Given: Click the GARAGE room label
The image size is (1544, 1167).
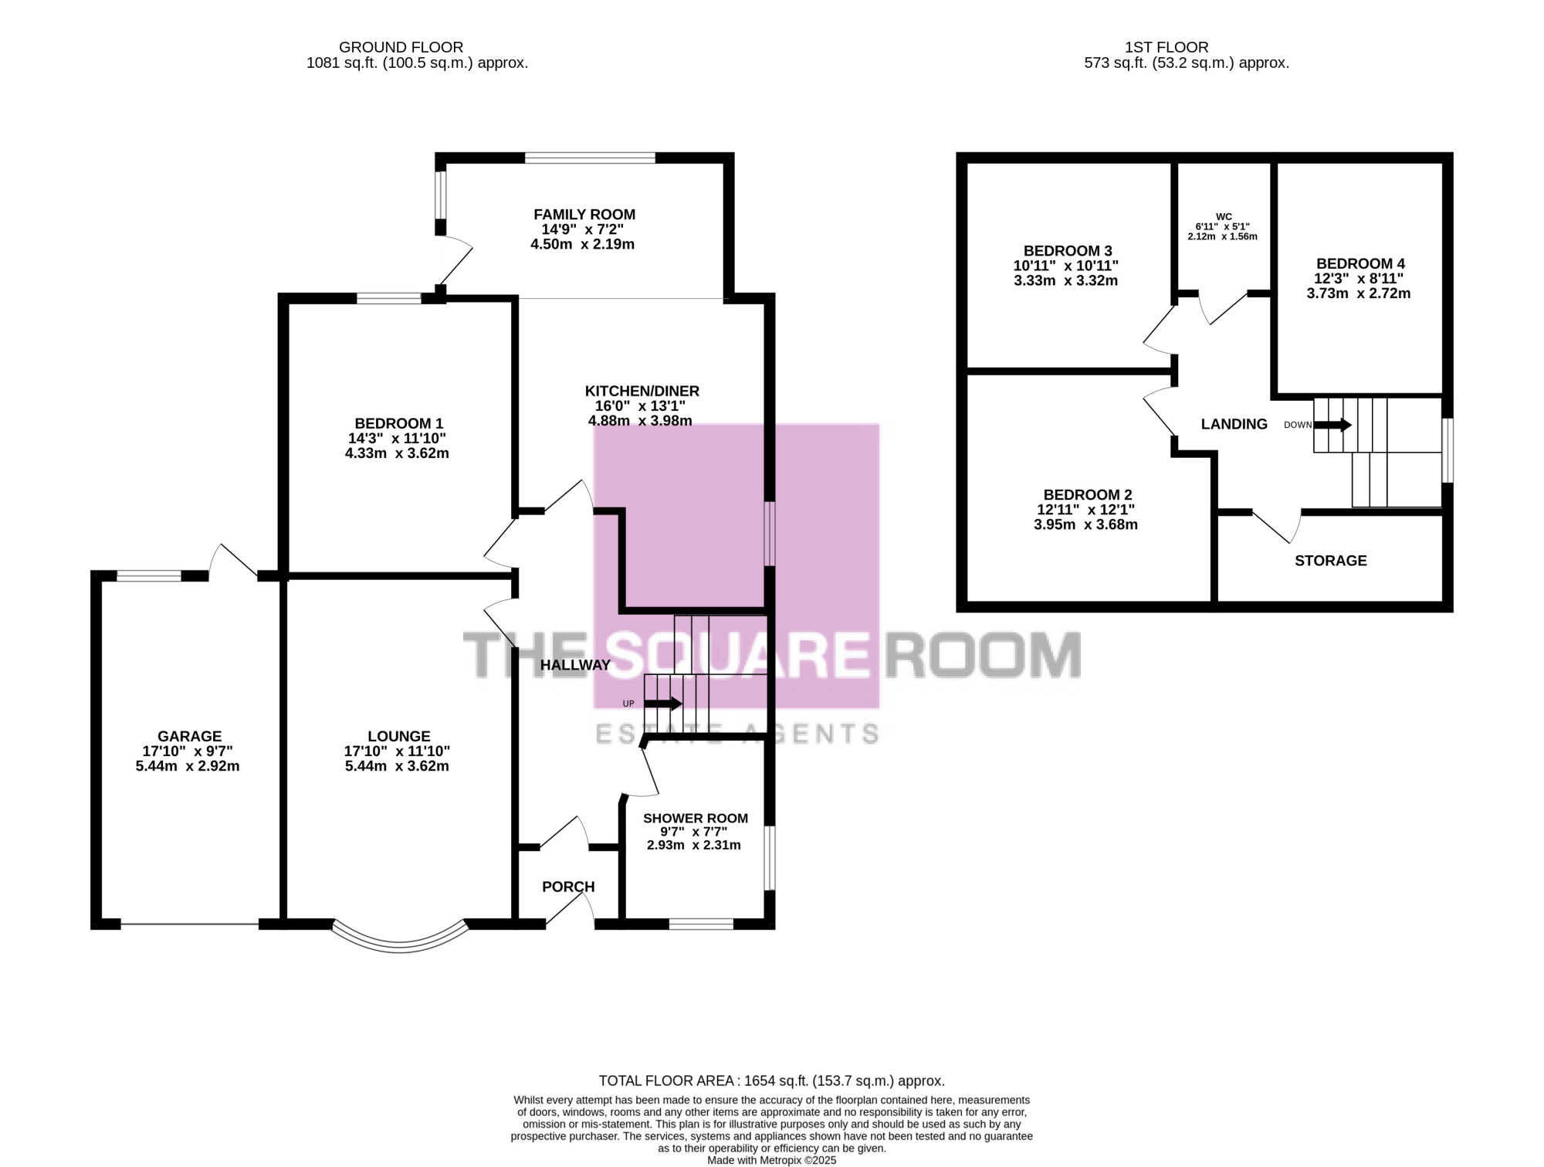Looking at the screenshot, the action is pos(189,736).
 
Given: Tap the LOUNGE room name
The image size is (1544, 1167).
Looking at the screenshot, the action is pos(398,736).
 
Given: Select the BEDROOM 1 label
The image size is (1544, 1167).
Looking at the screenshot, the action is pos(398,423).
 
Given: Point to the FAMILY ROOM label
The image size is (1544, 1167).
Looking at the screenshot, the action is pos(584,214).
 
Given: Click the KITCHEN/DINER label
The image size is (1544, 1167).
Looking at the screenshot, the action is pos(642,391).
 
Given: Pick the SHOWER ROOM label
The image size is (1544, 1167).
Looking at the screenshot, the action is pos(696,818).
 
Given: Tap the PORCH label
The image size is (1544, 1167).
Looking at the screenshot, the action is pos(568,887).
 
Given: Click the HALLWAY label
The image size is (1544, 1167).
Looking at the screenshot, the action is pos(575,665).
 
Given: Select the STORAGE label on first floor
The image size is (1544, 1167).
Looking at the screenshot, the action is pos(1330,561).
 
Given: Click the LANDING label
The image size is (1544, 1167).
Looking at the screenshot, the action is pos(1234,424).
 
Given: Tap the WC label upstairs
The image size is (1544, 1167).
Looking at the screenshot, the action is pos(1224,217).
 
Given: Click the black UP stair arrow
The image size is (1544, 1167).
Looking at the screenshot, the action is pos(663,704).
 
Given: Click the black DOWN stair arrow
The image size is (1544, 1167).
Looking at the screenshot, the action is pos(1332,425).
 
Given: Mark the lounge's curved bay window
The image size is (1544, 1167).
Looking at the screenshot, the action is pos(400,947).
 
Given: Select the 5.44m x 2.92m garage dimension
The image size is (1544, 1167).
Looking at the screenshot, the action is pos(188,766).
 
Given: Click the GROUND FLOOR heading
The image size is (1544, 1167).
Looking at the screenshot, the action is pos(401,47).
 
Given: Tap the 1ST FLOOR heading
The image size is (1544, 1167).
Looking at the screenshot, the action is pos(1166,47).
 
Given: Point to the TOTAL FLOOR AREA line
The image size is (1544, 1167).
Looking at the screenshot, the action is pos(772,1080).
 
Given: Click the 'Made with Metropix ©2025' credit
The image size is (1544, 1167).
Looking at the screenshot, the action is pos(772,1160).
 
